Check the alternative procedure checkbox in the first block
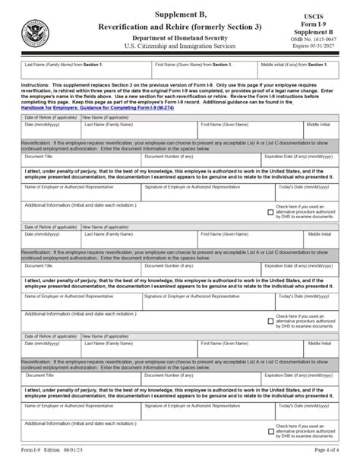point(271,213)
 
